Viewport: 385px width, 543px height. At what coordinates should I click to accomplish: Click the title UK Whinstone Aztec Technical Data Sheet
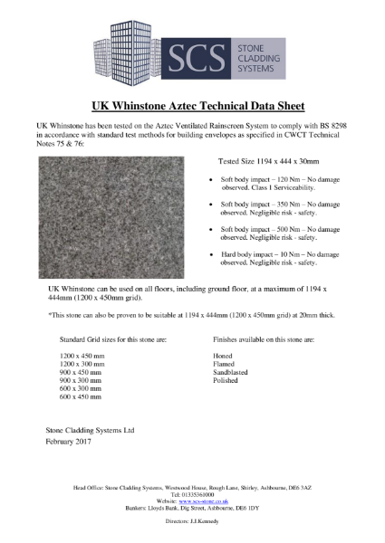coord(191,105)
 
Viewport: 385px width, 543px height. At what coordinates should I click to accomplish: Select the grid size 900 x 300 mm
coord(81,380)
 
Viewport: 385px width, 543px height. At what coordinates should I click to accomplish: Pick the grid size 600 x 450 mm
coord(81,396)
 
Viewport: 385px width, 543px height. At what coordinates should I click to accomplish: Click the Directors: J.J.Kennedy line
coord(191,522)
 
